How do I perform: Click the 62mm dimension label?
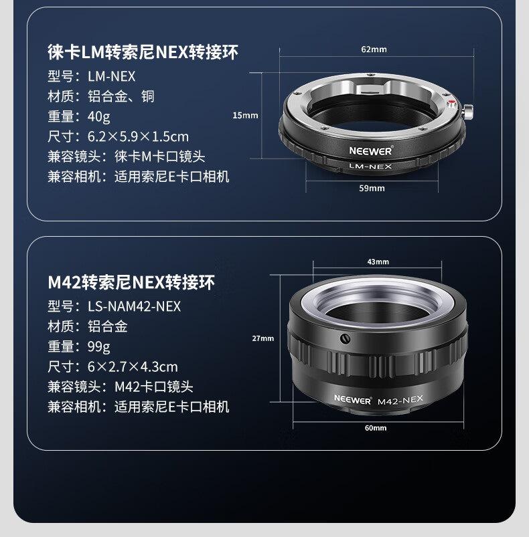(x=374, y=49)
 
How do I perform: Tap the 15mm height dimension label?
(x=245, y=116)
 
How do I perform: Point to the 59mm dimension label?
(x=372, y=188)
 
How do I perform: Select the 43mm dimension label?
(x=378, y=261)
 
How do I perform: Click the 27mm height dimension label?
(x=263, y=338)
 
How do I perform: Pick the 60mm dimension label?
(x=376, y=428)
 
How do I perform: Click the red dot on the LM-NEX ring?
(x=452, y=102)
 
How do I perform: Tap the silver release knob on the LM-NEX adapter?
(x=468, y=112)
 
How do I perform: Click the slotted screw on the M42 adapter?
(x=345, y=338)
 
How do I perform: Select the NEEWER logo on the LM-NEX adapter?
(x=370, y=150)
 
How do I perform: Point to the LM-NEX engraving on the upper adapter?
(x=370, y=167)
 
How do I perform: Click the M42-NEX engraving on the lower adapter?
(x=400, y=400)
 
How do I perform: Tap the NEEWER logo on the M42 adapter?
(x=353, y=399)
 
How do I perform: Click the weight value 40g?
(x=98, y=116)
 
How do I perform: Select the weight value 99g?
(x=98, y=346)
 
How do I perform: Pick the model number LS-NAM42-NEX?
(x=134, y=306)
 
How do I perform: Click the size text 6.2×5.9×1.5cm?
(x=138, y=136)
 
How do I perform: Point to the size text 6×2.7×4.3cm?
(x=133, y=366)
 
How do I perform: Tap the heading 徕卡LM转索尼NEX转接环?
(x=143, y=52)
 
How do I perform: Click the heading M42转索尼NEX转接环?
(x=131, y=282)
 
